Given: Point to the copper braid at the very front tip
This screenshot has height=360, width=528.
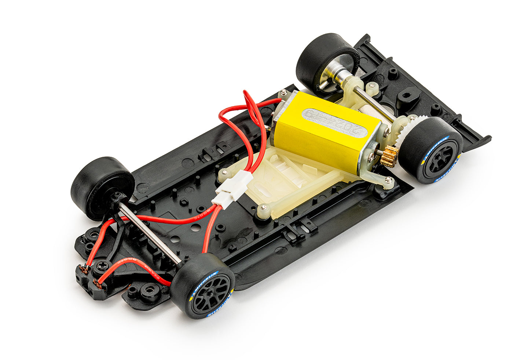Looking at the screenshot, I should click(x=84, y=270).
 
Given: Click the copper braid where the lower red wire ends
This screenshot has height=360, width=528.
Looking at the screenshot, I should click(x=97, y=283).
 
